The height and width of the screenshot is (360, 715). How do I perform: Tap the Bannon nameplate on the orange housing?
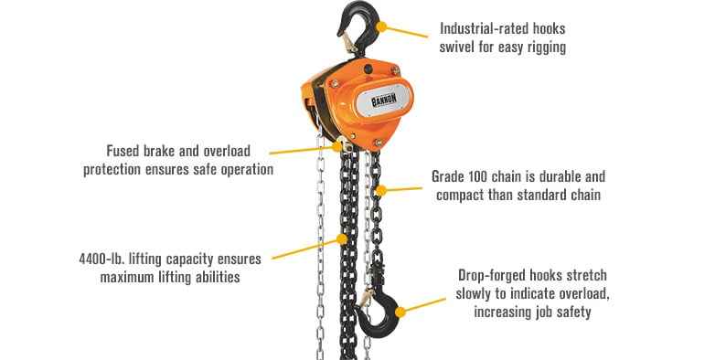click(x=384, y=100)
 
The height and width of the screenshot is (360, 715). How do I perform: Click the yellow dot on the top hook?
click(x=381, y=26)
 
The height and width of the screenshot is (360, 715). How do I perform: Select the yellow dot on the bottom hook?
click(x=400, y=312)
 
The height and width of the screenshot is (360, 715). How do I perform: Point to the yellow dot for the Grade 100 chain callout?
click(x=381, y=190)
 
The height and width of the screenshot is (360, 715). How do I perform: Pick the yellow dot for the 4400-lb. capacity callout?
click(x=342, y=238)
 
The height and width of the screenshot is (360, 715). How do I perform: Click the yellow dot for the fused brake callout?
click(x=337, y=147)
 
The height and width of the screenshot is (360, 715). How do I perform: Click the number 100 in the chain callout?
click(x=476, y=176)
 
